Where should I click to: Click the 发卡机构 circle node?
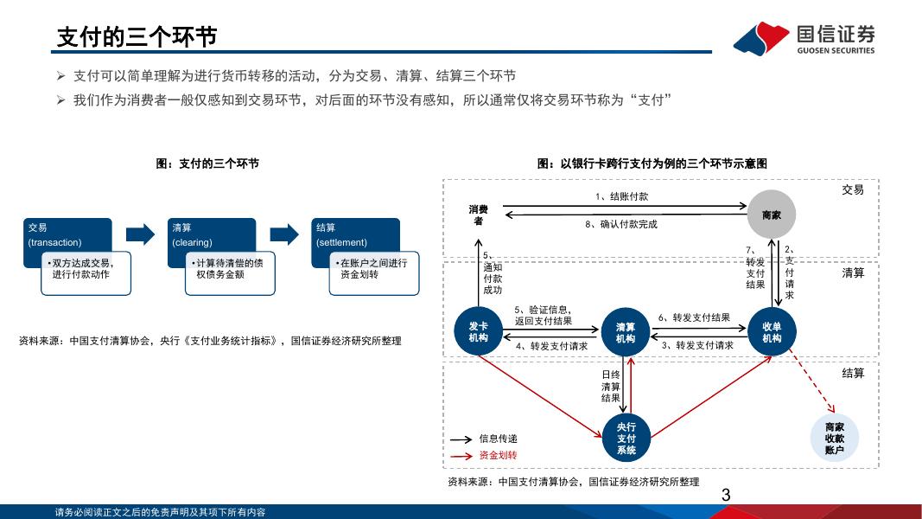[x=478, y=332]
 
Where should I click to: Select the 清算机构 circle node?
[x=626, y=333]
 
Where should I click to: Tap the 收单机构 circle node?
[x=772, y=332]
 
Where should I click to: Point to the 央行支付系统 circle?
[x=626, y=439]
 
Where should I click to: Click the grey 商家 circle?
[x=772, y=214]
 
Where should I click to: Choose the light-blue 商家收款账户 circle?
[x=834, y=439]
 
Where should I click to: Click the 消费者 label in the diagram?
[x=479, y=215]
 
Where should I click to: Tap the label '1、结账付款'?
[x=621, y=196]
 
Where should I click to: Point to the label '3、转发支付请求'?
[x=697, y=345]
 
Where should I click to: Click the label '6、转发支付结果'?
[x=694, y=317]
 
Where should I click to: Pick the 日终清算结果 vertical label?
[x=611, y=387]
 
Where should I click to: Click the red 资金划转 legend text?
[x=498, y=455]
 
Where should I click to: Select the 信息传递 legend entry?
[x=498, y=439]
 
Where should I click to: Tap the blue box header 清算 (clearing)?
[x=212, y=235]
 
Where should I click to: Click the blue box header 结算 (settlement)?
[x=356, y=235]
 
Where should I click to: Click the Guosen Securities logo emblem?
[x=760, y=38]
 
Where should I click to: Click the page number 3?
[x=726, y=496]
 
